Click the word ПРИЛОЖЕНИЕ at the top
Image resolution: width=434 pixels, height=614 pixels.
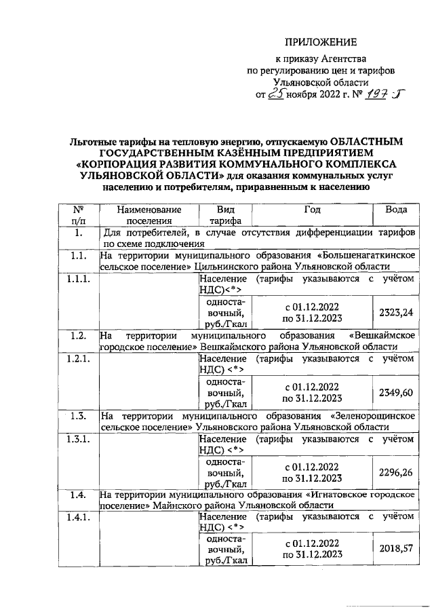[x=319, y=43]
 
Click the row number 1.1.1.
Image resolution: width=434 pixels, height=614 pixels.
[x=79, y=278]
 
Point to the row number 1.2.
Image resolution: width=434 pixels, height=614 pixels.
[x=79, y=334]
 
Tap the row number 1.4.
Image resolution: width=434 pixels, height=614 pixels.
[x=79, y=495]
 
